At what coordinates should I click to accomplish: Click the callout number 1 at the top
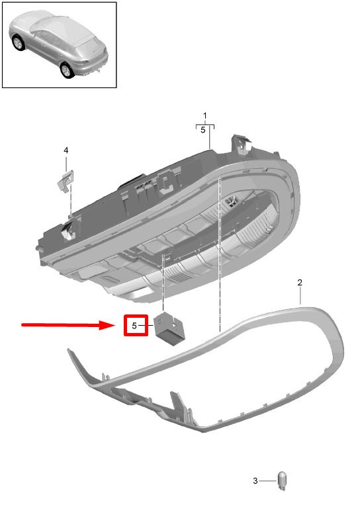click(204, 116)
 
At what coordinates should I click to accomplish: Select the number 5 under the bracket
click(202, 130)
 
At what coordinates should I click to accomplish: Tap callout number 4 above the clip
click(66, 150)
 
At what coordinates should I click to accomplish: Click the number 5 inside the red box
click(134, 326)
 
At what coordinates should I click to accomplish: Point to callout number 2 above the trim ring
click(300, 282)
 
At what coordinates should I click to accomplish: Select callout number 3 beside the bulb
click(255, 481)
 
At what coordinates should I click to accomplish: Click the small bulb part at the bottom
click(283, 481)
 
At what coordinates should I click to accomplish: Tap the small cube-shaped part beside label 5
click(169, 328)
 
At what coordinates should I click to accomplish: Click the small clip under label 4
click(66, 181)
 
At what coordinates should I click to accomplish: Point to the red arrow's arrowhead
click(107, 324)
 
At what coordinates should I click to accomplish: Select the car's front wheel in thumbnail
click(18, 43)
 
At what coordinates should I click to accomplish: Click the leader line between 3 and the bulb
click(267, 481)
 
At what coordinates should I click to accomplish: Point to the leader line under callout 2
click(300, 295)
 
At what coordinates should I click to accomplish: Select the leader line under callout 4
click(66, 163)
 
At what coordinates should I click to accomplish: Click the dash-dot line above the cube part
click(163, 282)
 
